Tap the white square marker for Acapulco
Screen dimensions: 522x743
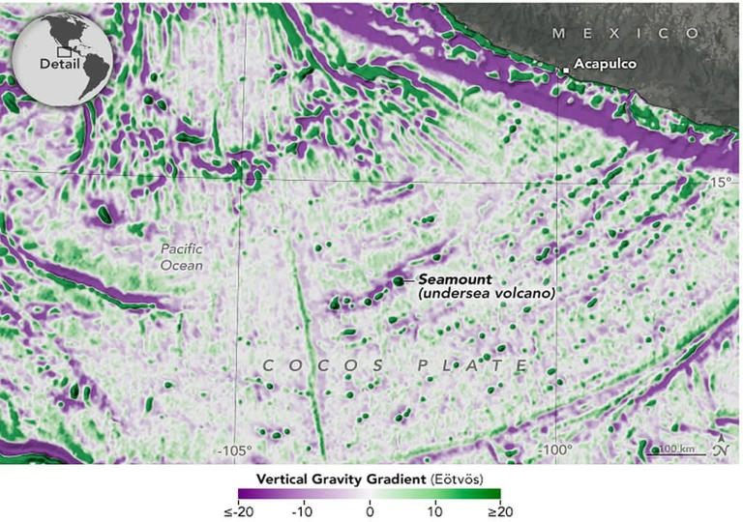[566, 69]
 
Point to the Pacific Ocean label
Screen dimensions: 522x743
[181, 256]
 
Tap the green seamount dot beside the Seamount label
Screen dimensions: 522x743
[398, 280]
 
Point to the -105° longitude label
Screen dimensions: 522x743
[235, 450]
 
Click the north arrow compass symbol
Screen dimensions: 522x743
[722, 449]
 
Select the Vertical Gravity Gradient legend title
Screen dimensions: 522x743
[343, 478]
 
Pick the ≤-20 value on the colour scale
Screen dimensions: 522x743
[229, 511]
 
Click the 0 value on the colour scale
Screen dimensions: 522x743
[371, 511]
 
